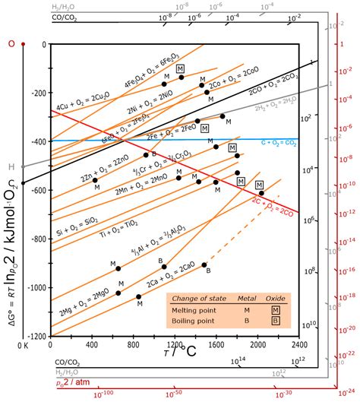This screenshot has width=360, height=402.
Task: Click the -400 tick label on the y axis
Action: pyautogui.click(x=36, y=142)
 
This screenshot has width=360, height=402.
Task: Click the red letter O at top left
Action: pyautogui.click(x=11, y=44)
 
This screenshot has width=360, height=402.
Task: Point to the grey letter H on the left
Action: pyautogui.click(x=11, y=166)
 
